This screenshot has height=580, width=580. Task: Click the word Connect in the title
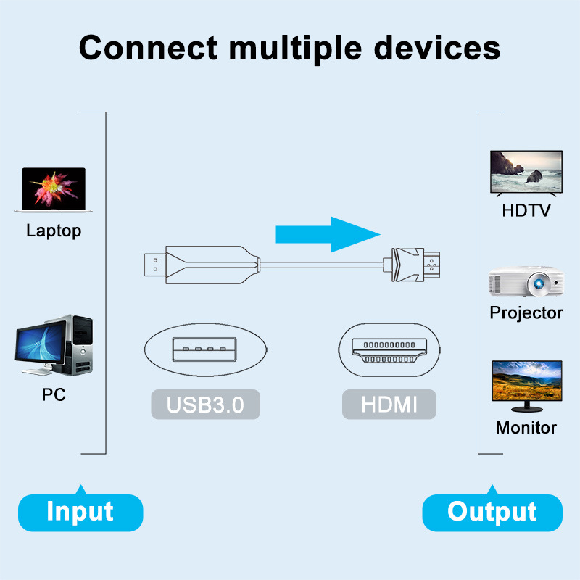click(148, 48)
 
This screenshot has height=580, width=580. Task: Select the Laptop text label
click(54, 231)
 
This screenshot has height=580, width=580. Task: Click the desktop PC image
click(54, 346)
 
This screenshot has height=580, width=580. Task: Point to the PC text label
click(54, 395)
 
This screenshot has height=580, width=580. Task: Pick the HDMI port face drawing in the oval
click(389, 350)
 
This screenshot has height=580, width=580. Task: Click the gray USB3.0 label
click(205, 405)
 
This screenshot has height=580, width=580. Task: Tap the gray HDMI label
click(389, 405)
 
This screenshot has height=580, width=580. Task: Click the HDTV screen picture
click(526, 173)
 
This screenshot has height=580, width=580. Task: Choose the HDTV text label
click(526, 211)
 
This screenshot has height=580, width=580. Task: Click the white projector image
click(526, 282)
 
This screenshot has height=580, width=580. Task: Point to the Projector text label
click(526, 313)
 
